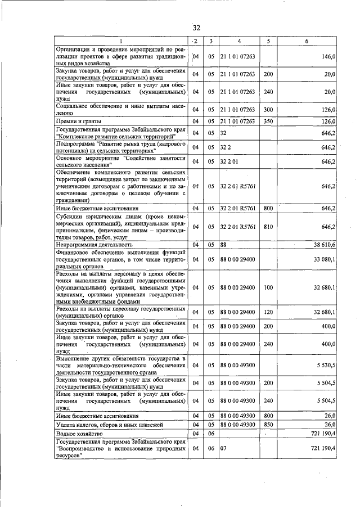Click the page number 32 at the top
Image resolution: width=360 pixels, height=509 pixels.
click(196, 28)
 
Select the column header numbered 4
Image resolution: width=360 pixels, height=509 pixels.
click(239, 41)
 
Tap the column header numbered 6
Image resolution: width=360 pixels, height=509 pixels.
click(307, 41)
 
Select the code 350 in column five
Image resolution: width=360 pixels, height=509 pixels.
click(268, 121)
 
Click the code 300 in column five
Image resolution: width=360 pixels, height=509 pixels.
click(268, 110)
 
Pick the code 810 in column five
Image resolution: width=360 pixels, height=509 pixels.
click(268, 227)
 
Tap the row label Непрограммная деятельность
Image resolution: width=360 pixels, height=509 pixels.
click(94, 245)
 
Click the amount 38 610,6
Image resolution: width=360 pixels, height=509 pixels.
click(324, 245)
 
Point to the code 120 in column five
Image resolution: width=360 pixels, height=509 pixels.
click(268, 312)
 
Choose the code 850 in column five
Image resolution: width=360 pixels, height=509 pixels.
click(268, 425)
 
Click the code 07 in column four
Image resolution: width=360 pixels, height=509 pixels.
click(223, 448)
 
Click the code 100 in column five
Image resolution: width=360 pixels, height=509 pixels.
click(268, 287)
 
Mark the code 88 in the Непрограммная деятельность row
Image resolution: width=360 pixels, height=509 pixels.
click(223, 245)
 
